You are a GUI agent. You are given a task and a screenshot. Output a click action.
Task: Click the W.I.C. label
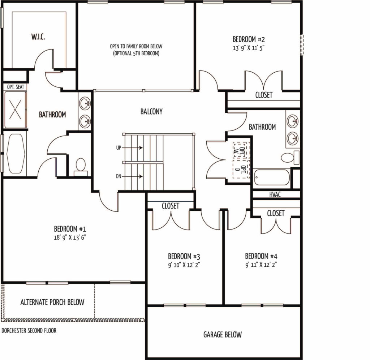(x=38, y=37)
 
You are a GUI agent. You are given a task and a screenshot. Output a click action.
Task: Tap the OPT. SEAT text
(x=16, y=87)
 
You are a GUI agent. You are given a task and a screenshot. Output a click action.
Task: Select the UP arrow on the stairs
(x=132, y=148)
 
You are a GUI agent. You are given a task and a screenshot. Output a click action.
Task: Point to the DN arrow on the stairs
(x=132, y=176)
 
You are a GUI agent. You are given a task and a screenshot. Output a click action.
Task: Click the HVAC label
(x=275, y=194)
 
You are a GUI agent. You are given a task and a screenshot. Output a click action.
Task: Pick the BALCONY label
(x=151, y=111)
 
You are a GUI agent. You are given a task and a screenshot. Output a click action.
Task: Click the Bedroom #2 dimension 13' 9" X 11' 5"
(x=249, y=48)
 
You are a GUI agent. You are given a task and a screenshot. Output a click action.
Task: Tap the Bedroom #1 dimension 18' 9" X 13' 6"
(x=70, y=237)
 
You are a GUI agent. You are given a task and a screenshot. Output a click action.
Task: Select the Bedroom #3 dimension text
(x=184, y=265)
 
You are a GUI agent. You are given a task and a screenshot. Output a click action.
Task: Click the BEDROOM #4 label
(x=261, y=256)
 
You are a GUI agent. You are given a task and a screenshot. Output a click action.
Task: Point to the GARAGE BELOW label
(x=223, y=334)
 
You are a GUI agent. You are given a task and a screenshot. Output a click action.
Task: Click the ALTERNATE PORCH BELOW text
(x=52, y=302)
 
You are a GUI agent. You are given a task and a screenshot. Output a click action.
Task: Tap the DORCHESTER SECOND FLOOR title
(x=29, y=330)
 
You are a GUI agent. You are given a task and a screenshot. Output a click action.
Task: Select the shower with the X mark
(x=15, y=110)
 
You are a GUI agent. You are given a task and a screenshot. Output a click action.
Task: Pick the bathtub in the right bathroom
(x=272, y=177)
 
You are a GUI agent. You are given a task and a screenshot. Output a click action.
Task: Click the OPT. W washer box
(x=240, y=150)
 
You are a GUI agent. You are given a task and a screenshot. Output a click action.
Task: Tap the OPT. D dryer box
(x=241, y=169)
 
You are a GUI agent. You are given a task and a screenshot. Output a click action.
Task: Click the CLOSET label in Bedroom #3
(x=171, y=206)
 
